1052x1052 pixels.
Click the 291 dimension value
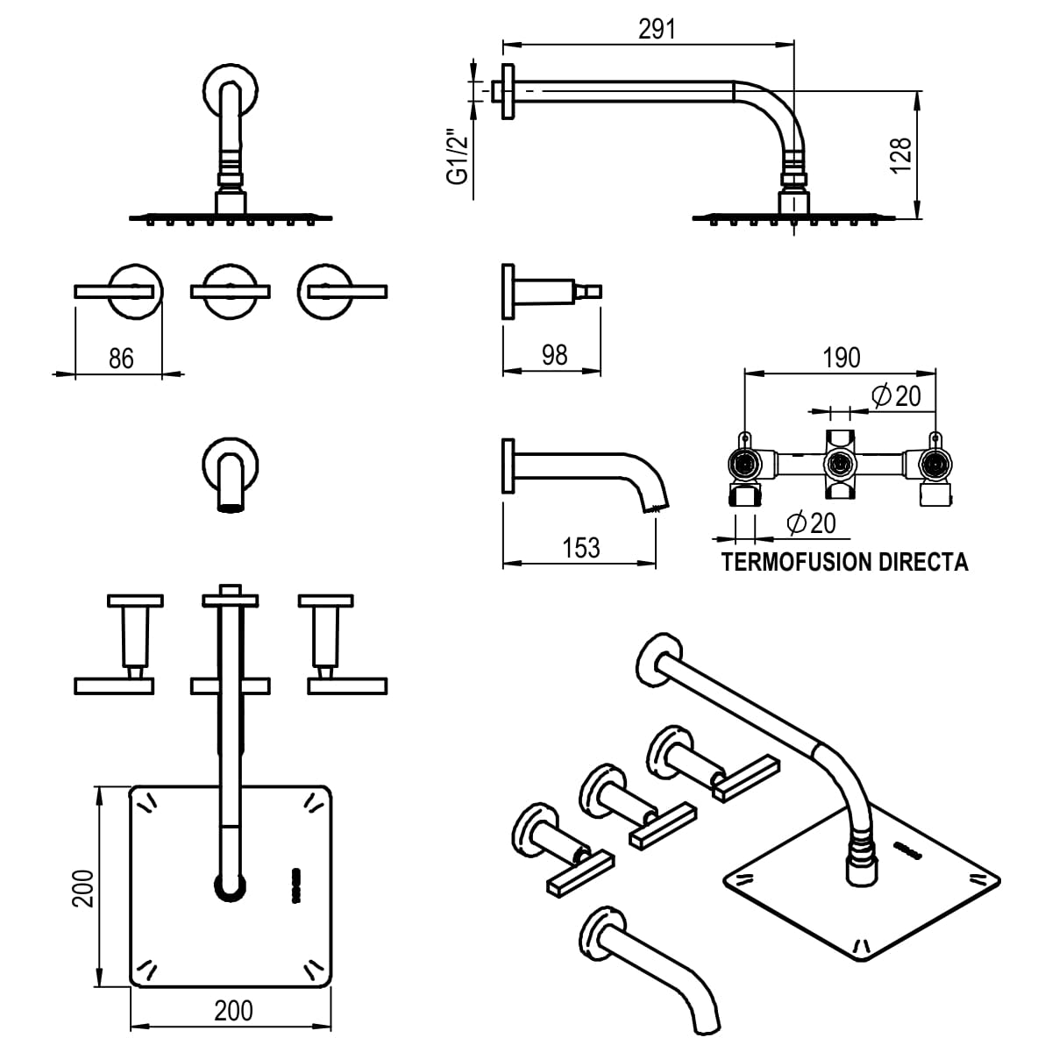point(657,29)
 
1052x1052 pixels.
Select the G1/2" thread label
point(456,158)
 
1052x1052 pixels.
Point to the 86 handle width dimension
point(121,358)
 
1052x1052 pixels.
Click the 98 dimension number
point(555,354)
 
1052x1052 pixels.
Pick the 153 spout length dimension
point(581,547)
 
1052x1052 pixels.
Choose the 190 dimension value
point(842,358)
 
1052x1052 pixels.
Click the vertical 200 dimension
point(82,888)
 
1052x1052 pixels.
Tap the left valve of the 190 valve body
point(744,465)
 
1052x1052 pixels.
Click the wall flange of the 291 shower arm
point(507,91)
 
